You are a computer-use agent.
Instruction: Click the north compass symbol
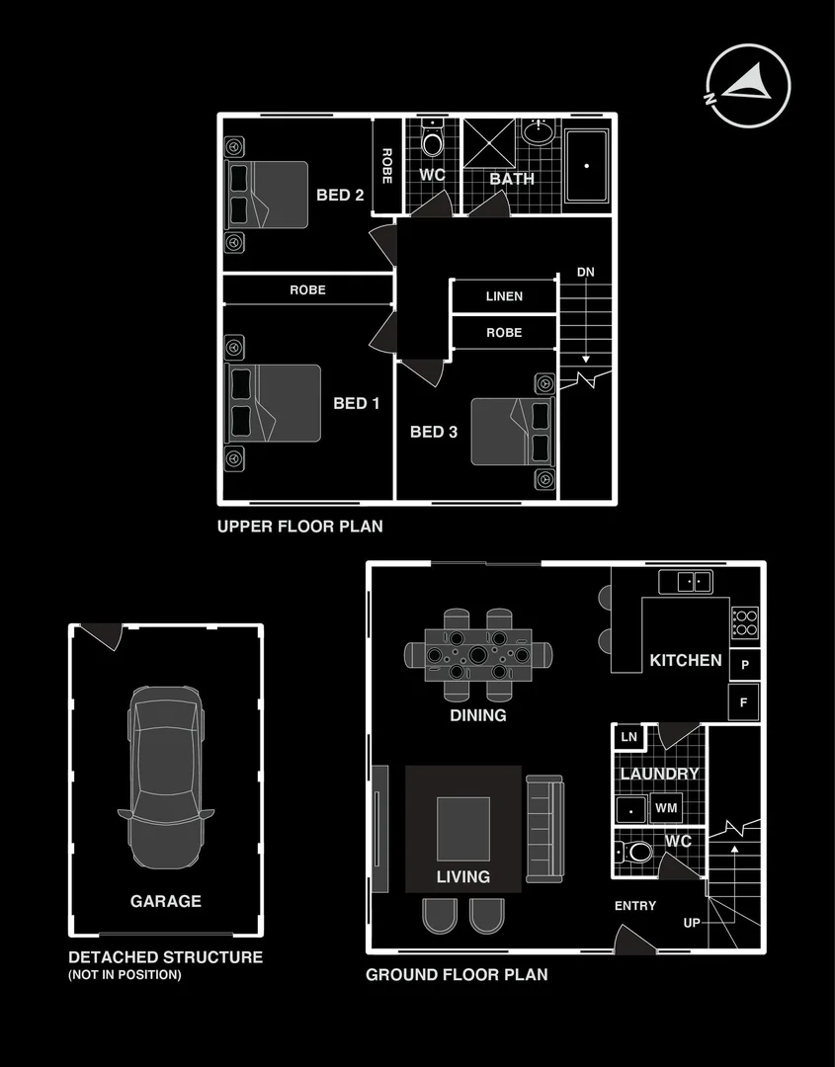point(748,86)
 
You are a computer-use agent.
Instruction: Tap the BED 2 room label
point(340,195)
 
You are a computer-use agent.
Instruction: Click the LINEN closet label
point(504,296)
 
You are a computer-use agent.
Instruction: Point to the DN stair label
point(586,273)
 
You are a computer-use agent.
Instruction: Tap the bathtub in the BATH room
point(586,167)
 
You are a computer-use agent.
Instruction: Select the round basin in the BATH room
point(538,131)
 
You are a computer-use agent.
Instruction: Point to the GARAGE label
point(165,901)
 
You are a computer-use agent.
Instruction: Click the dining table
point(478,654)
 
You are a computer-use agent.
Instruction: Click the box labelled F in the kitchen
point(744,702)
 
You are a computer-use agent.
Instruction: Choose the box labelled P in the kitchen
point(744,665)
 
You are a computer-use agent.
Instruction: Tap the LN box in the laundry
point(627,737)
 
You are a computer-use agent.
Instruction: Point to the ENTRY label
point(635,906)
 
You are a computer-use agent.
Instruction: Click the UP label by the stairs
point(693,923)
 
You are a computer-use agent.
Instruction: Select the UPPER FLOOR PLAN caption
point(299,527)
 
